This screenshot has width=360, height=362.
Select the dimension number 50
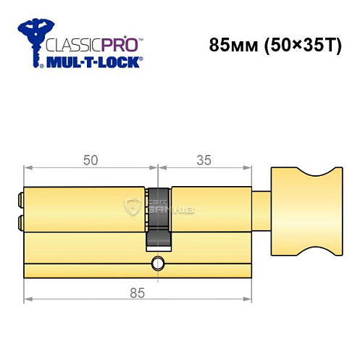pos(91,162)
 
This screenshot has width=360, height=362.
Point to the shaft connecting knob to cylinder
pos(261,209)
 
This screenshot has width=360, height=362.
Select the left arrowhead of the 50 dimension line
pos(28,170)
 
